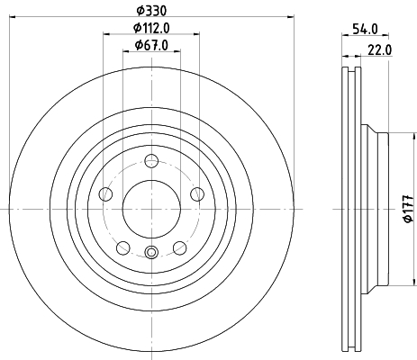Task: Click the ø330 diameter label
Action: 151,11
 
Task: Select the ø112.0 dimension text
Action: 151,28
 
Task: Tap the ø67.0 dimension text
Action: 151,45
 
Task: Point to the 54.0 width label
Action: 365,30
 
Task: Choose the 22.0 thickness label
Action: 380,49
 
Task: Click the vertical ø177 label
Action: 409,209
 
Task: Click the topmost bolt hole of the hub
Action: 151,161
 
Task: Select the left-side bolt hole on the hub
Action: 105,193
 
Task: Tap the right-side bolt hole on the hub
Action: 197,193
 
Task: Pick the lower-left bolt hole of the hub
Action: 123,248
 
